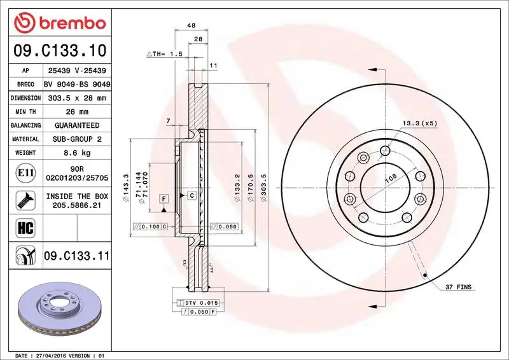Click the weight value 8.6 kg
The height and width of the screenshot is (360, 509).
pos(77,153)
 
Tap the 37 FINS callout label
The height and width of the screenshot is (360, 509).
pos(458,287)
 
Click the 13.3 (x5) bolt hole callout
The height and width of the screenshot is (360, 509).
pos(419,123)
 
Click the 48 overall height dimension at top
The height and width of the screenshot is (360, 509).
pos(191,26)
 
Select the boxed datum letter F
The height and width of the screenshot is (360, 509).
pos(164,199)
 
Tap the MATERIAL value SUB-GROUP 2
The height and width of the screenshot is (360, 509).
pos(77,139)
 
